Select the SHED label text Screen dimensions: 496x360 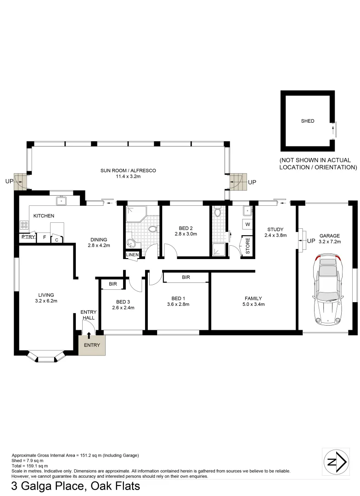(307, 121)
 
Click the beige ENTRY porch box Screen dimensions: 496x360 (92, 345)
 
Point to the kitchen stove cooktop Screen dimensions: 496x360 (24, 225)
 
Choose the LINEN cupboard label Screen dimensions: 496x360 (133, 255)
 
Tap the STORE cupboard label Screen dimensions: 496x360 (248, 246)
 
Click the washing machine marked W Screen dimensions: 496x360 (247, 225)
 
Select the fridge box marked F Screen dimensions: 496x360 (44, 237)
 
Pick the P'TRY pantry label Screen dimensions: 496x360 (28, 237)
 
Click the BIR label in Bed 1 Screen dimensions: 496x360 (186, 277)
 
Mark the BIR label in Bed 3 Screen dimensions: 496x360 (113, 284)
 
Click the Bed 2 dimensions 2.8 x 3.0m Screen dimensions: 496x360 (186, 234)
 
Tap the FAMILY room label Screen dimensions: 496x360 (253, 298)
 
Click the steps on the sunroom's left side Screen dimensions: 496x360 (21, 182)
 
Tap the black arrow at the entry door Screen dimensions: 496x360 (89, 337)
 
